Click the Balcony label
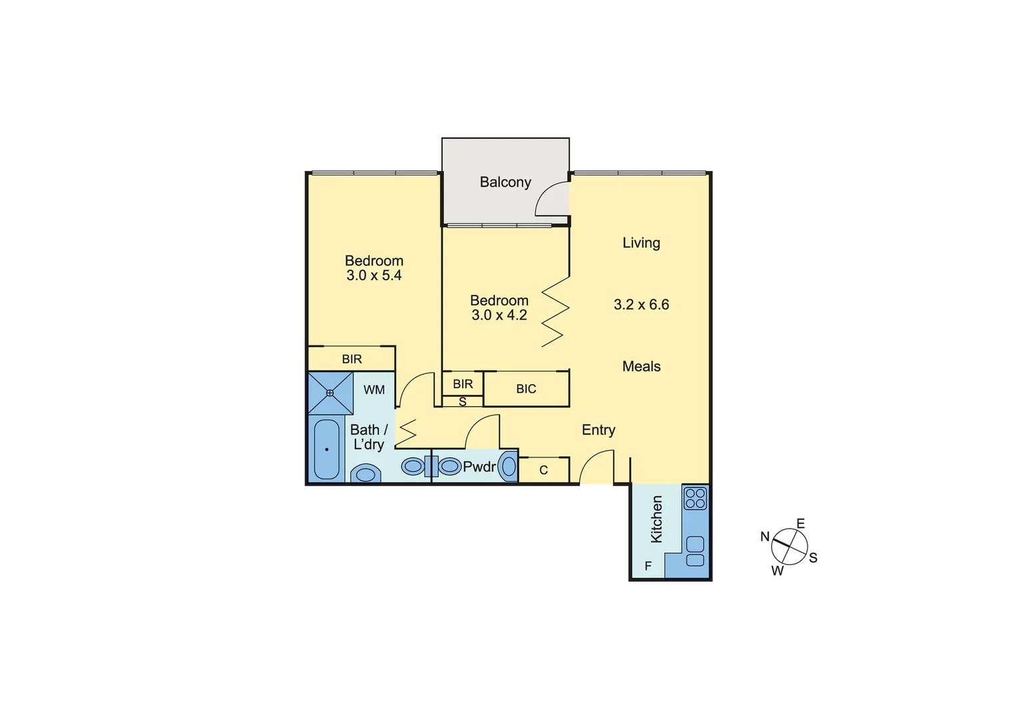click(505, 182)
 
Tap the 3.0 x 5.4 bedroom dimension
click(374, 276)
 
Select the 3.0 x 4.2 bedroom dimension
click(499, 316)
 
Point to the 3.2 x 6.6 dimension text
click(641, 305)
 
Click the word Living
click(641, 243)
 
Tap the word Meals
click(641, 366)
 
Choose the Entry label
click(598, 430)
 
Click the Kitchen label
click(656, 519)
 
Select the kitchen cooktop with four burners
click(695, 498)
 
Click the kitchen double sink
click(695, 551)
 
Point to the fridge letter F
click(647, 567)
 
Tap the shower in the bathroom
click(330, 393)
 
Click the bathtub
click(326, 449)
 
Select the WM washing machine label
click(374, 390)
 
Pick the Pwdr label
click(479, 467)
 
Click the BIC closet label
click(525, 389)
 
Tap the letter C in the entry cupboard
click(543, 470)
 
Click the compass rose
click(789, 547)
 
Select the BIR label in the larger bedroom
click(352, 359)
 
